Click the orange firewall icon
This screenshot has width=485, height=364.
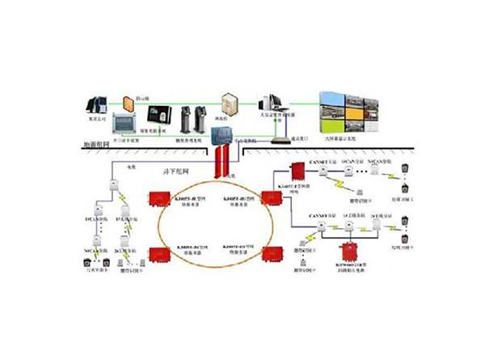[129, 104]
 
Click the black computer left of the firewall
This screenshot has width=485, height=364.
[97, 104]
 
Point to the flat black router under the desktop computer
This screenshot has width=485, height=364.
[279, 139]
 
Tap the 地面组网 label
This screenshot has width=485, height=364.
[96, 145]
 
